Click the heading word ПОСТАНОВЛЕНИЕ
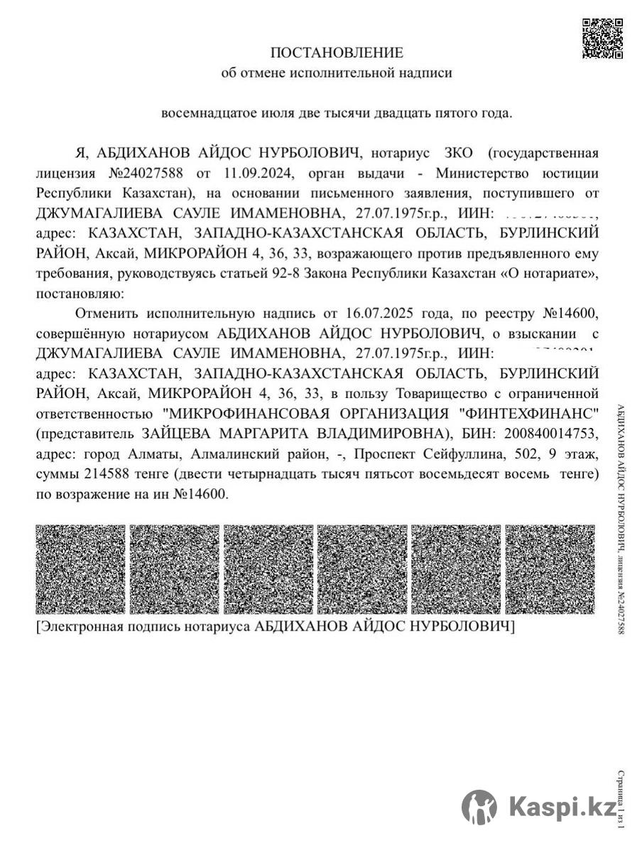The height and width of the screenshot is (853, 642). coord(337,52)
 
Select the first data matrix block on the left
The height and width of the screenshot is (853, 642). coord(80,569)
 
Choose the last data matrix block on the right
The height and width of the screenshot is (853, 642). coord(550,569)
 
